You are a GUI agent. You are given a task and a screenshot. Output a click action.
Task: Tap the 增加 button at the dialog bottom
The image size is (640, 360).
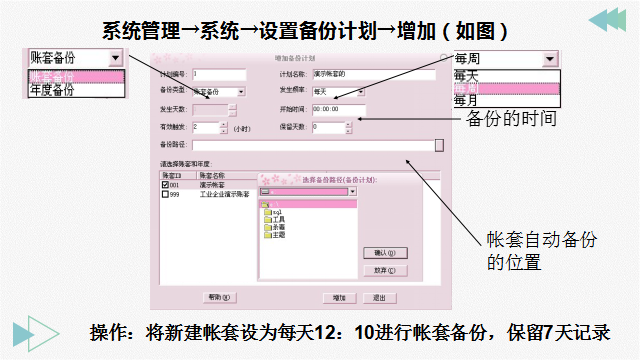pyautogui.click(x=339, y=297)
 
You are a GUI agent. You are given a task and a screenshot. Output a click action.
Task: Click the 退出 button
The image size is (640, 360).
pyautogui.click(x=379, y=297)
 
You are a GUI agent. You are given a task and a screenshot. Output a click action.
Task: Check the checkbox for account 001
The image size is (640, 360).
pyautogui.click(x=166, y=185)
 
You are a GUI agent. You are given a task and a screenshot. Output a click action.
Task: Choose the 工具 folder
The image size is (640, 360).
pyautogui.click(x=279, y=219)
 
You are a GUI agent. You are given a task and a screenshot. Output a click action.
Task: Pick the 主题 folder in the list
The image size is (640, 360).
pyautogui.click(x=279, y=236)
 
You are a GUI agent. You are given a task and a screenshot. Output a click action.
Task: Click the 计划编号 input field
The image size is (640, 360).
pyautogui.click(x=218, y=74)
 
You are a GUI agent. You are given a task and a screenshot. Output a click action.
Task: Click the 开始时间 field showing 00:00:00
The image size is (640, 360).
pyautogui.click(x=339, y=110)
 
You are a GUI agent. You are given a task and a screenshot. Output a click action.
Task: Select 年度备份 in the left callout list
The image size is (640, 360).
pyautogui.click(x=52, y=90)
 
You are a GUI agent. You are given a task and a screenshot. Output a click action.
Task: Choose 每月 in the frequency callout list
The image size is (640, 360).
pyautogui.click(x=465, y=101)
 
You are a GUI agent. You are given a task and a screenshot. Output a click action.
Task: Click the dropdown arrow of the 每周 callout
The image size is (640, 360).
pyautogui.click(x=549, y=59)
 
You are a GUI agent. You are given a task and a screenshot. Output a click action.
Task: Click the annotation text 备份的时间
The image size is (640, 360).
pyautogui.click(x=511, y=119)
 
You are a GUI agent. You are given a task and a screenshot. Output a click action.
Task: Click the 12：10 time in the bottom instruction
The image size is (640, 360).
pyautogui.click(x=336, y=333)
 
